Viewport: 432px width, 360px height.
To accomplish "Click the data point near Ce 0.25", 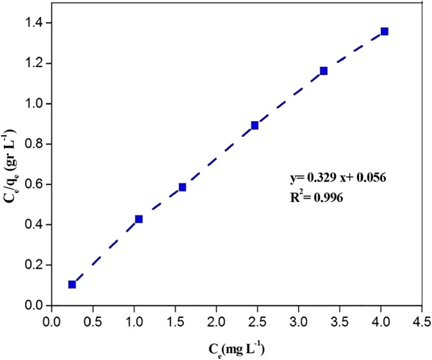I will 72,284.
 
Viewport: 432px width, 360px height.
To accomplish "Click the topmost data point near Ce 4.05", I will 385,31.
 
